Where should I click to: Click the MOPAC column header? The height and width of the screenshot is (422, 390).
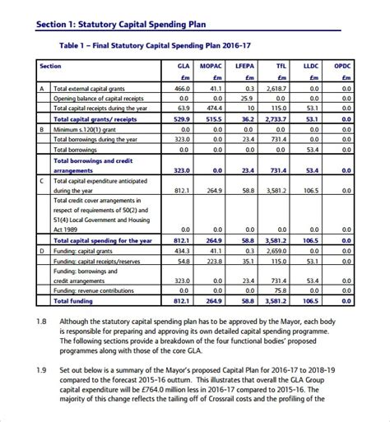pos(216,65)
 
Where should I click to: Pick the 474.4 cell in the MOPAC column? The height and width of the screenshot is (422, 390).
pos(214,107)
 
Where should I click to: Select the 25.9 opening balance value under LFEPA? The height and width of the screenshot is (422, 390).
pos(246,97)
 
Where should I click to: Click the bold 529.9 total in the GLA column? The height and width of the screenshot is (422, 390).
pos(182,118)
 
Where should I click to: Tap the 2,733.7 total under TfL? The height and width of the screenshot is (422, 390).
pos(276,118)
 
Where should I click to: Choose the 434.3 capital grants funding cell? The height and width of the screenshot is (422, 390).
pos(183,249)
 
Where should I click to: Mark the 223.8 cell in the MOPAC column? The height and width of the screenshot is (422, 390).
pos(214,260)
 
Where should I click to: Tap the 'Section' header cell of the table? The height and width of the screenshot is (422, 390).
pos(50,65)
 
